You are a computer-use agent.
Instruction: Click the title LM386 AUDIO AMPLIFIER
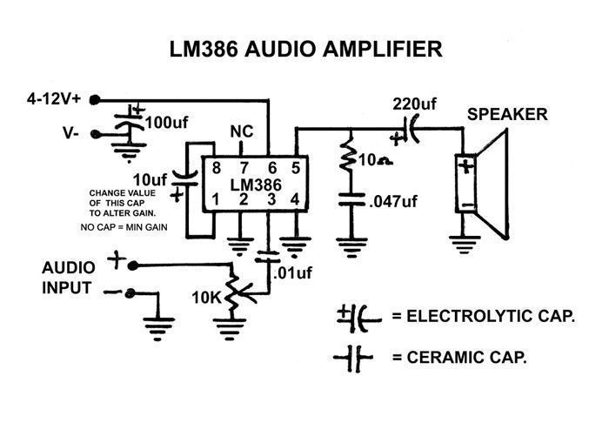click(305, 50)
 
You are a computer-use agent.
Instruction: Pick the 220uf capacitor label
click(415, 104)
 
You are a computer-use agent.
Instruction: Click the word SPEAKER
click(507, 115)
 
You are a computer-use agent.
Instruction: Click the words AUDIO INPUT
click(70, 275)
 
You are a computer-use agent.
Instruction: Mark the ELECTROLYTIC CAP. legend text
click(483, 315)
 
